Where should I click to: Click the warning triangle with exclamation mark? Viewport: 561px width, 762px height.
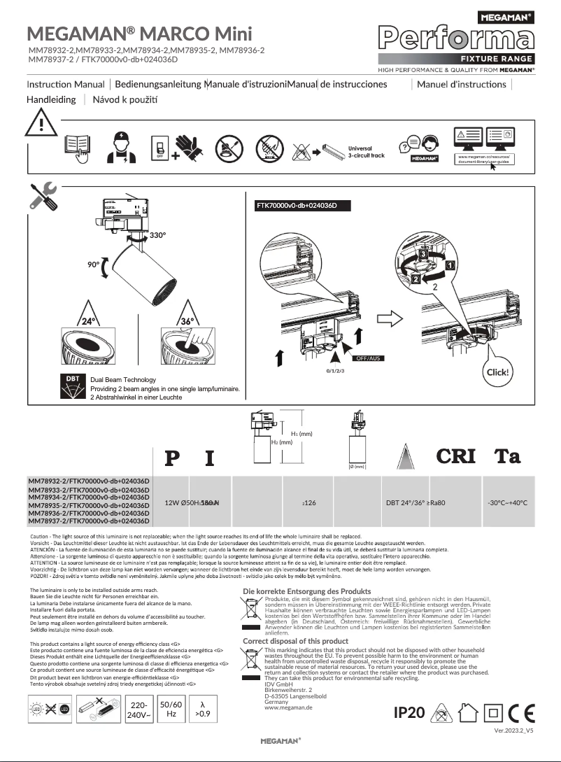pos(41,126)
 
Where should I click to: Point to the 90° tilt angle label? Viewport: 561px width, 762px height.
pos(94,265)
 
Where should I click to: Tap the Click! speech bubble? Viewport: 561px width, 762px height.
pos(497,372)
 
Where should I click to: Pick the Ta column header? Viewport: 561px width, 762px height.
pos(507,456)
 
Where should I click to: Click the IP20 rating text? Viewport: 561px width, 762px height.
pos(409,712)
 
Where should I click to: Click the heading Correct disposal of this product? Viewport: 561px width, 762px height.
pos(295,641)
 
